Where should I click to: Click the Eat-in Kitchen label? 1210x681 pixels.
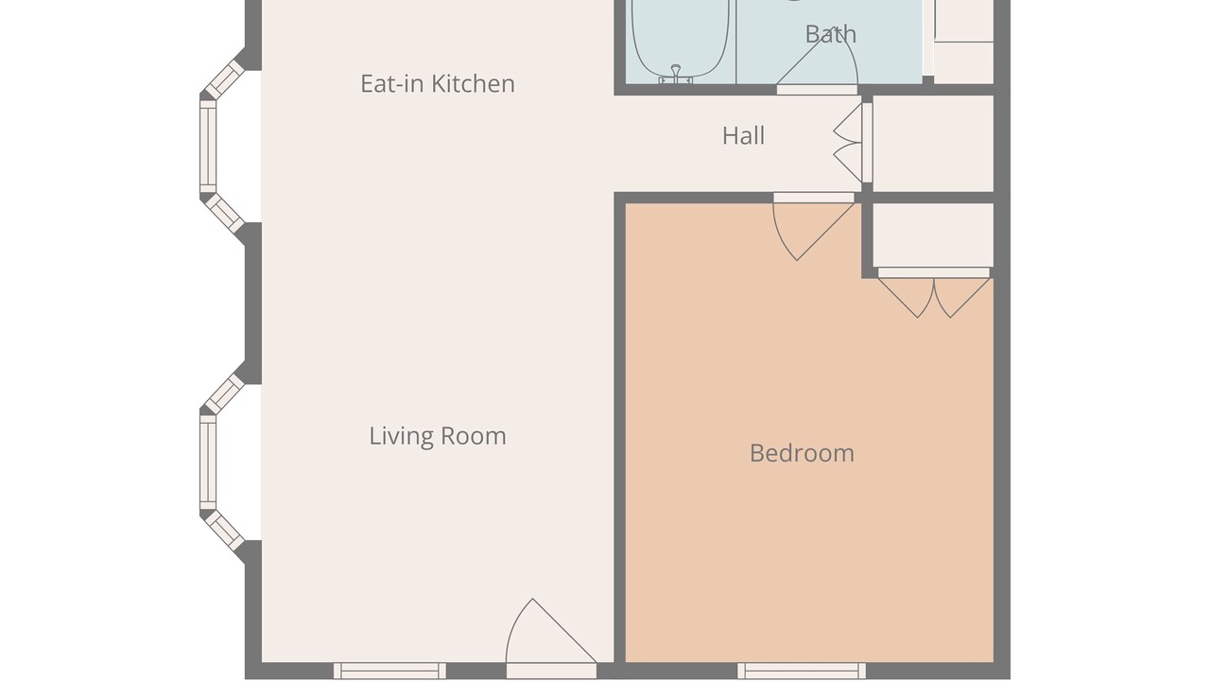click(438, 84)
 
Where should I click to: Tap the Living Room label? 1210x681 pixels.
click(438, 436)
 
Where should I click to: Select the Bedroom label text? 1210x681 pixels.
click(803, 453)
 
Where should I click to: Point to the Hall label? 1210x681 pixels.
click(743, 135)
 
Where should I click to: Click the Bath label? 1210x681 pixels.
click(831, 35)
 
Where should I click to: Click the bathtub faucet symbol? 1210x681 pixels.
click(675, 74)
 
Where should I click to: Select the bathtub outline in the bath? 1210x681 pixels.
click(681, 39)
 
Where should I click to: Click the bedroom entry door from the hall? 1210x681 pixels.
click(814, 227)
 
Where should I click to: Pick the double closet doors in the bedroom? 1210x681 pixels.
click(934, 293)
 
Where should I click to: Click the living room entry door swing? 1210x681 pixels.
click(551, 638)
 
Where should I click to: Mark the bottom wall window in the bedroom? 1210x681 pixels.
click(802, 671)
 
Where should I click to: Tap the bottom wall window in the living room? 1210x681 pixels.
click(390, 671)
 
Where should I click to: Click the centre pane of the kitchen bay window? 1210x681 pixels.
click(208, 147)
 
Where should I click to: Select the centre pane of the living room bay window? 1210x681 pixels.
click(208, 463)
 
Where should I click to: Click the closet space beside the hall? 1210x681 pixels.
click(933, 143)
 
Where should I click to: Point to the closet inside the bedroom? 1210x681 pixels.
click(933, 236)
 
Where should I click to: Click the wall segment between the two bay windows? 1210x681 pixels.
click(253, 304)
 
